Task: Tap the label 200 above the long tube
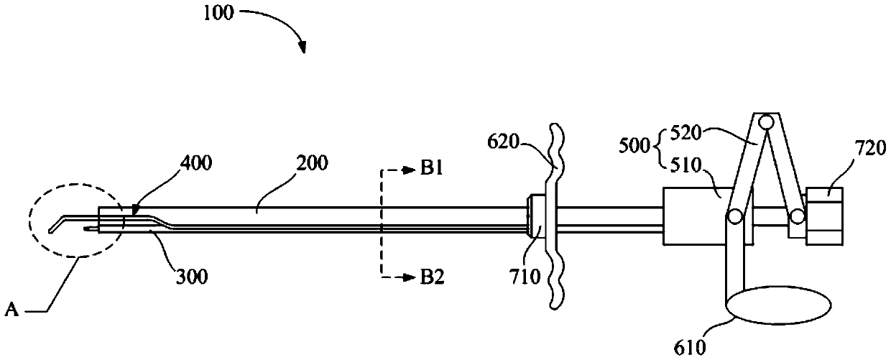pos(311,163)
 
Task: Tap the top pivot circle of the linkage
pos(767,122)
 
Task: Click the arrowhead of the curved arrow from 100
pos(303,50)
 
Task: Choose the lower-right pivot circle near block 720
pos(796,215)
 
